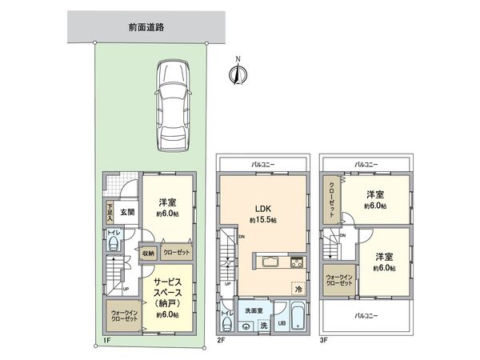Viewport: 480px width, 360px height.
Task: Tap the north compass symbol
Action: click(237, 74)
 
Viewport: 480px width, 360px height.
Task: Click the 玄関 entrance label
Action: click(126, 212)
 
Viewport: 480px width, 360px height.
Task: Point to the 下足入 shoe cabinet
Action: click(110, 212)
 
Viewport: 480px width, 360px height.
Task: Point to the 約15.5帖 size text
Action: click(262, 219)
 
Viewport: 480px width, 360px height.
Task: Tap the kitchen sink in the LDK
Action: click(270, 262)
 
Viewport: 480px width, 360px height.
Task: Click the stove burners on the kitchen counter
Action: click(295, 262)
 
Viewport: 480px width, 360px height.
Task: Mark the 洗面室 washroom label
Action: click(255, 310)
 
